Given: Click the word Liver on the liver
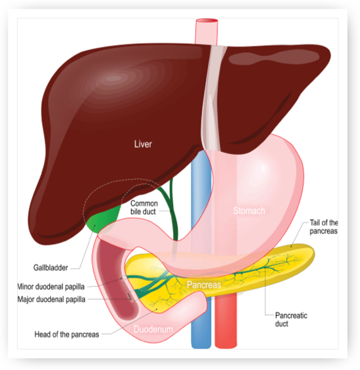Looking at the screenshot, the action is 143,144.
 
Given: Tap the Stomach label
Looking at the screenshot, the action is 249,211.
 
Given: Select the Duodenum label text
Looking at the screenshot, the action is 153,329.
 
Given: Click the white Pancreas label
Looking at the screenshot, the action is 204,285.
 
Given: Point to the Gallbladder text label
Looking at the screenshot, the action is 51,267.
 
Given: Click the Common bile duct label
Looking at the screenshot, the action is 144,207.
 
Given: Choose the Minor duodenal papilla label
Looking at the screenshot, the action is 51,286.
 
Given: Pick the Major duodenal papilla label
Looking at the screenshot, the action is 51,300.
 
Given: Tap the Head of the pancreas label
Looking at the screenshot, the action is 66,334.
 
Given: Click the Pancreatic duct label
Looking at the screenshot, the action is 291,319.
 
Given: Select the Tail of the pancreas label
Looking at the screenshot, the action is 323,226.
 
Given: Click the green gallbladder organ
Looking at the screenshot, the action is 104,219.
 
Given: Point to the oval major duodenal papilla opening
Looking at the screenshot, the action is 130,297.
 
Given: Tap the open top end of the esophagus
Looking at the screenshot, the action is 207,21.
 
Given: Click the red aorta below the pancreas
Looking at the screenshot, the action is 226,321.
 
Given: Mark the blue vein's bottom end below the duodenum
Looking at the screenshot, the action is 201,347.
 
